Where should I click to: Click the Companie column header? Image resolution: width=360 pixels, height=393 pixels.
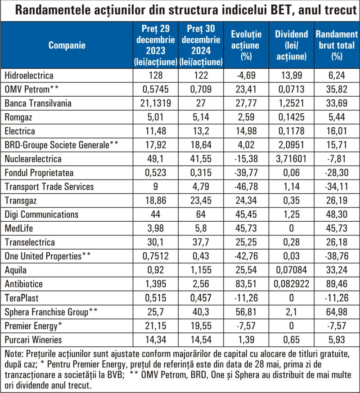pyautogui.click(x=67, y=45)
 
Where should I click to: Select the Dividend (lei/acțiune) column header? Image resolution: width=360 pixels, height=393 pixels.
pyautogui.click(x=292, y=45)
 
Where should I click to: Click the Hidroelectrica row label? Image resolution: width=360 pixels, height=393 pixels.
pyautogui.click(x=29, y=76)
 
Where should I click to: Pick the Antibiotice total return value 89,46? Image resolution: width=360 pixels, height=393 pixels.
pyautogui.click(x=337, y=284)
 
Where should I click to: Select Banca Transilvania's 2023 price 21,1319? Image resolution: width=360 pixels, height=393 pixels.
pyautogui.click(x=156, y=103)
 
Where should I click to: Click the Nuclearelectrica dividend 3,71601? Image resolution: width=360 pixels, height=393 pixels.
pyautogui.click(x=291, y=159)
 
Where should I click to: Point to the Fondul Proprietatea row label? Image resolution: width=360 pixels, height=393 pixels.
pyautogui.click(x=39, y=173)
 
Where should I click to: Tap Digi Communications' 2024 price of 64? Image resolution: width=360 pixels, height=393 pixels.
pyautogui.click(x=201, y=214)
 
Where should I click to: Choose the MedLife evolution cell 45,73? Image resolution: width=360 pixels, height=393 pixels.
pyautogui.click(x=246, y=228)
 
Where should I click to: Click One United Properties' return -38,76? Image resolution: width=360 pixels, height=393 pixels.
pyautogui.click(x=337, y=256)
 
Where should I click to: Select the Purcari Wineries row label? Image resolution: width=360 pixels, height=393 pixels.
pyautogui.click(x=33, y=339)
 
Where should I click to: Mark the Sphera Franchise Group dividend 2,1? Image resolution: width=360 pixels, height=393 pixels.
pyautogui.click(x=291, y=312)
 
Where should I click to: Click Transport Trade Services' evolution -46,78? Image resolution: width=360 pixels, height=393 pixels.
pyautogui.click(x=246, y=187)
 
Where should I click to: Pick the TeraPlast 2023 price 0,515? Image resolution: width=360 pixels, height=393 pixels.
pyautogui.click(x=156, y=298)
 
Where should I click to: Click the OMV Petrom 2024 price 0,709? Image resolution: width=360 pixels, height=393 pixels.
pyautogui.click(x=201, y=89)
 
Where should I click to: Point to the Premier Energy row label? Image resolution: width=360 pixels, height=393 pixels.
pyautogui.click(x=33, y=326)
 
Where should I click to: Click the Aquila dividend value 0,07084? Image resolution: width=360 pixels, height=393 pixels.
pyautogui.click(x=291, y=270)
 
